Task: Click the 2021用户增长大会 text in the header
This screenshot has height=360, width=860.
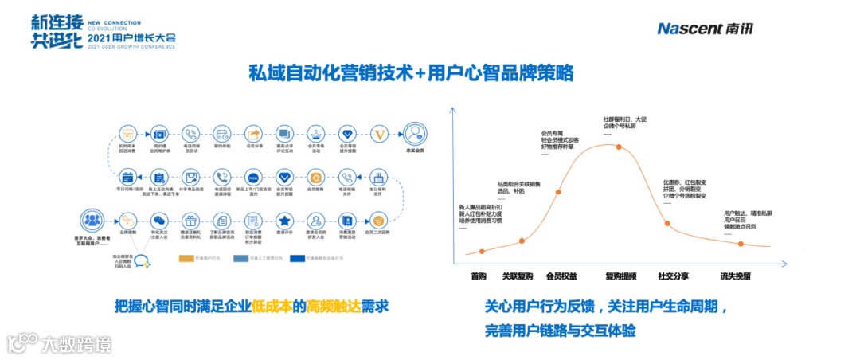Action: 131,37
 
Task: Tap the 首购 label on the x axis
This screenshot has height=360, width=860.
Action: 478,276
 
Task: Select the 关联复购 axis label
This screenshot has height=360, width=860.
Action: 517,276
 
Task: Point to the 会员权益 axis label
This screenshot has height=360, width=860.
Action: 561,276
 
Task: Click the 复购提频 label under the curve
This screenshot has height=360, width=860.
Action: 620,276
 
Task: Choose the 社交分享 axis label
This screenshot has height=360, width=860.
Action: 673,276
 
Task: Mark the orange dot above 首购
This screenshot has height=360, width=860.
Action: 481,252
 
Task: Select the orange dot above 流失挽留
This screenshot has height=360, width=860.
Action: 741,243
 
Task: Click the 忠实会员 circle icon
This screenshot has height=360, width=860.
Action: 413,133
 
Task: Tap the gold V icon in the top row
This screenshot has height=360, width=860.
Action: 379,134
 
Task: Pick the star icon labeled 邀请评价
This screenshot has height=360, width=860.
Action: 284,220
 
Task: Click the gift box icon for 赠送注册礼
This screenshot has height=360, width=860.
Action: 189,220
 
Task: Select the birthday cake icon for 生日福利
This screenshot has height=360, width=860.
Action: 379,177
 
